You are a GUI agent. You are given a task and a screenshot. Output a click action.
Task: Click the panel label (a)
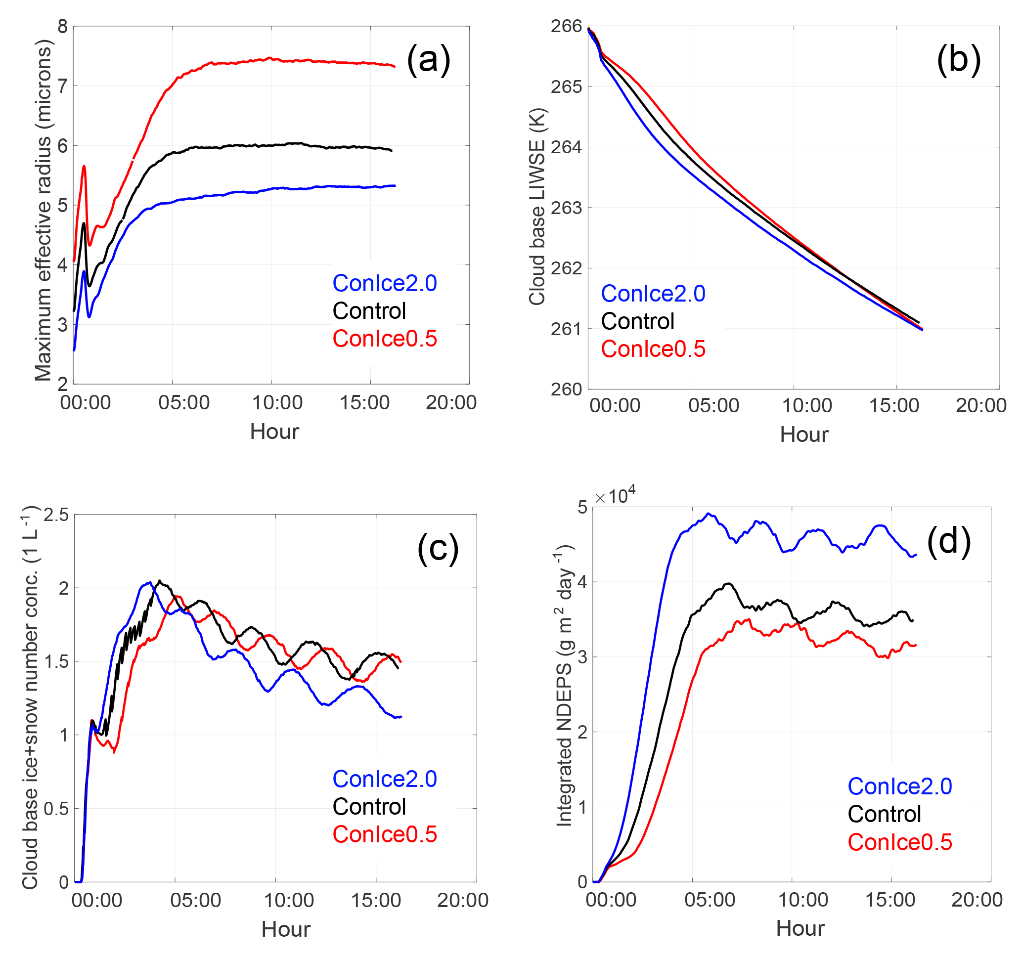(428, 60)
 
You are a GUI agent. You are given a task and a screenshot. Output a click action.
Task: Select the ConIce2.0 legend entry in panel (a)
(385, 283)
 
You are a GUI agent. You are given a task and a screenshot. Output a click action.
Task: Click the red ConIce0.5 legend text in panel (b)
(653, 349)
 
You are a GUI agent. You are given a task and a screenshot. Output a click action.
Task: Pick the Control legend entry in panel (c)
(369, 806)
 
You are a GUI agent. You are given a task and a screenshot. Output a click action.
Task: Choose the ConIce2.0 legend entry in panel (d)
(900, 786)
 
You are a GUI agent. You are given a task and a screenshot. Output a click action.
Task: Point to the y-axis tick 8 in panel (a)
(63, 26)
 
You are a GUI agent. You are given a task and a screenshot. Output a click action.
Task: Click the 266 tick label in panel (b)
(566, 26)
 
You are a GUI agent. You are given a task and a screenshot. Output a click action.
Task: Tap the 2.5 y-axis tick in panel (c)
(56, 515)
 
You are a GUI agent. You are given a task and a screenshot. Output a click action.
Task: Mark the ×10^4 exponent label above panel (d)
(616, 495)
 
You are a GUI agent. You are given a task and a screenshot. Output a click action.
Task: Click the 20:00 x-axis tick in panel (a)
(451, 402)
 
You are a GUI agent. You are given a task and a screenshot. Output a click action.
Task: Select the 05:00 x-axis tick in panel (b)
(713, 405)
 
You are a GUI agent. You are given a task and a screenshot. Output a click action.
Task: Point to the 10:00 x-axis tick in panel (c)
(289, 901)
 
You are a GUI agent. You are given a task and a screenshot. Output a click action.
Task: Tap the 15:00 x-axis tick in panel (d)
(890, 900)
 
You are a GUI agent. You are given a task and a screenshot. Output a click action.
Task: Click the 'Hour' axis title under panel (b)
(804, 435)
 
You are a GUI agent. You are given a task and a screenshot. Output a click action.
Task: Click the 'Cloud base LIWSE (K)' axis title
(536, 207)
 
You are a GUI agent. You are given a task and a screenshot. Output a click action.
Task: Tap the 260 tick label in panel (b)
(566, 390)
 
